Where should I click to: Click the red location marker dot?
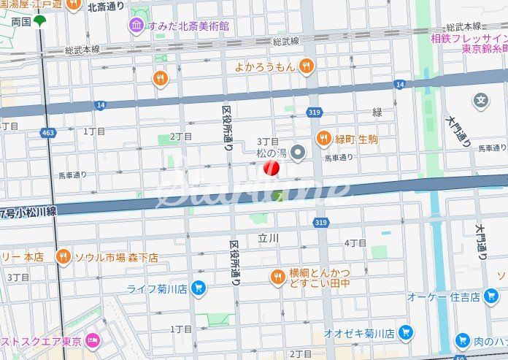(271, 169)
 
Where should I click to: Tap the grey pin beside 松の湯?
(297, 153)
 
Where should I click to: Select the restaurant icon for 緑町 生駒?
(324, 139)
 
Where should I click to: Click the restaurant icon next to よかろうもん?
(307, 66)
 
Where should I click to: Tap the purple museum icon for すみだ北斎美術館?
(136, 26)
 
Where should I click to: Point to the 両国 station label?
(21, 22)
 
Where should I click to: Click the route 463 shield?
(48, 133)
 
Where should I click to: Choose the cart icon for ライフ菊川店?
(198, 288)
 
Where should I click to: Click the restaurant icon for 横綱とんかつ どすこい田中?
(277, 277)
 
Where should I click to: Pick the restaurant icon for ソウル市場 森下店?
(64, 257)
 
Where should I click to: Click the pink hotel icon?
(93, 341)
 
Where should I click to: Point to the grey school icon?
(481, 100)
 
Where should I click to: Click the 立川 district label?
(269, 238)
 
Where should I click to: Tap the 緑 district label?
(377, 112)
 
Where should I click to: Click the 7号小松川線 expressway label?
(29, 212)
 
